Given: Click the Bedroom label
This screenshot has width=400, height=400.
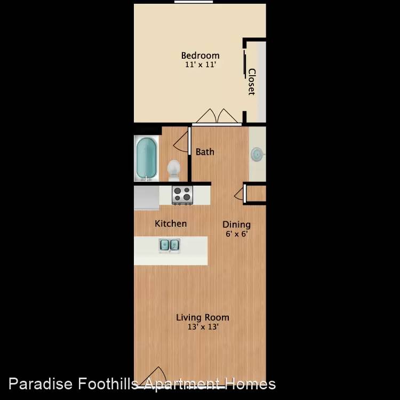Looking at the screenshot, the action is pos(200,55).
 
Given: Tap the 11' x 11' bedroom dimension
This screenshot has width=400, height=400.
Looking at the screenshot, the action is pos(201,65).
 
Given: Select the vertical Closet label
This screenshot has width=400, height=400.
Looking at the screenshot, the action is pos(252,82).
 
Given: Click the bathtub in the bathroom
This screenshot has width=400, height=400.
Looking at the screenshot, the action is pos(147,158).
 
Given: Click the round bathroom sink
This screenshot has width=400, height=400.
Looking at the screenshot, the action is pos(257,154).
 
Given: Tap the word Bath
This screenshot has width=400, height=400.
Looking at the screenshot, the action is pos(205,152).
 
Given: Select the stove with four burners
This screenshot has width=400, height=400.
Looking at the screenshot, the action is pos(182,195).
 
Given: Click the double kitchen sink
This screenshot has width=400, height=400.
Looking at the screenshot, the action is pos(170,245).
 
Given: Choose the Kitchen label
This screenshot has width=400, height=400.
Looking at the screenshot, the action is pos(171,223).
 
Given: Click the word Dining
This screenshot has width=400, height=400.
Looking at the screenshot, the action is pos(236,225).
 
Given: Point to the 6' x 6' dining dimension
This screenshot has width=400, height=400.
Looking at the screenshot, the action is pos(236,234).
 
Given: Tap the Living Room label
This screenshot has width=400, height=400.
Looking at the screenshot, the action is pos(203,317).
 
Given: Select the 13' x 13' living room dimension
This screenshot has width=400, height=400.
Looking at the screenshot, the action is pos(203,327).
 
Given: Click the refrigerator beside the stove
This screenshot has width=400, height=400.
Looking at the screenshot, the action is pos(147,197).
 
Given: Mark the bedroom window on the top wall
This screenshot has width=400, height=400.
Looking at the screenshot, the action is pos(194,2).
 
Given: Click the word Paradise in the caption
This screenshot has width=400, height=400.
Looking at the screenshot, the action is pos(41,384).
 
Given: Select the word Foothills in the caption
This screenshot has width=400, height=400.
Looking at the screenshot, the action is pos(108,384).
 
